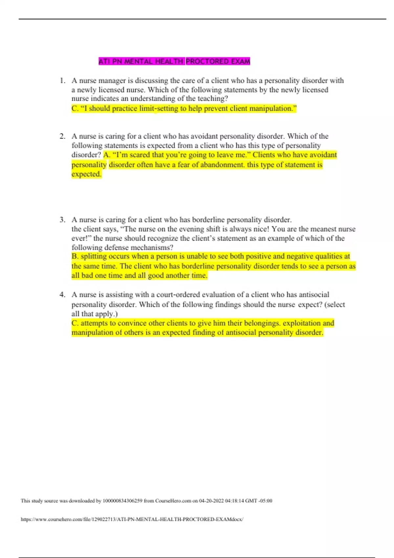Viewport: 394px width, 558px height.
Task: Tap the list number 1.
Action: pyautogui.click(x=62, y=80)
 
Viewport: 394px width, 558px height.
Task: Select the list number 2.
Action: pyautogui.click(x=62, y=136)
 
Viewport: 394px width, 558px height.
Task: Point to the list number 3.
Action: pyautogui.click(x=62, y=220)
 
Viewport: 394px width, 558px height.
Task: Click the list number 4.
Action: pyautogui.click(x=62, y=294)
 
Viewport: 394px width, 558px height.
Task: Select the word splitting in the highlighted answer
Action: pyautogui.click(x=94, y=256)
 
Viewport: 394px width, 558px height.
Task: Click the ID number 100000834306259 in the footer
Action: pyautogui.click(x=122, y=501)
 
